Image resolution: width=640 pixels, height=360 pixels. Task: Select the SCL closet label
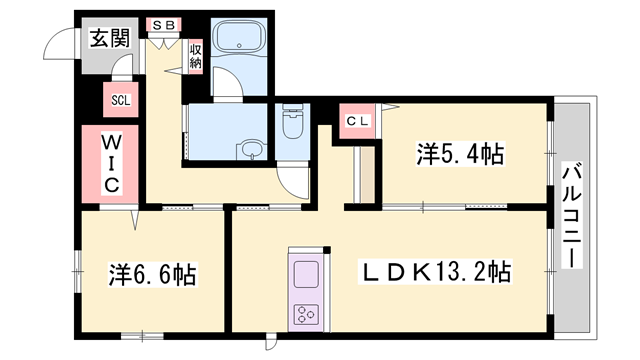[120, 100]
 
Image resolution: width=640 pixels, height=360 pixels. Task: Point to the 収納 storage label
[196, 52]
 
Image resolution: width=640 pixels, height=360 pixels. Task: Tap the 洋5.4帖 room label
[459, 154]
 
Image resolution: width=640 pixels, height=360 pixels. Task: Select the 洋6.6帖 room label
[152, 273]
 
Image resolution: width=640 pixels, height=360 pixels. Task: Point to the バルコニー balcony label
[572, 215]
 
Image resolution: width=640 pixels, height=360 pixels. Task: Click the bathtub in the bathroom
[238, 44]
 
